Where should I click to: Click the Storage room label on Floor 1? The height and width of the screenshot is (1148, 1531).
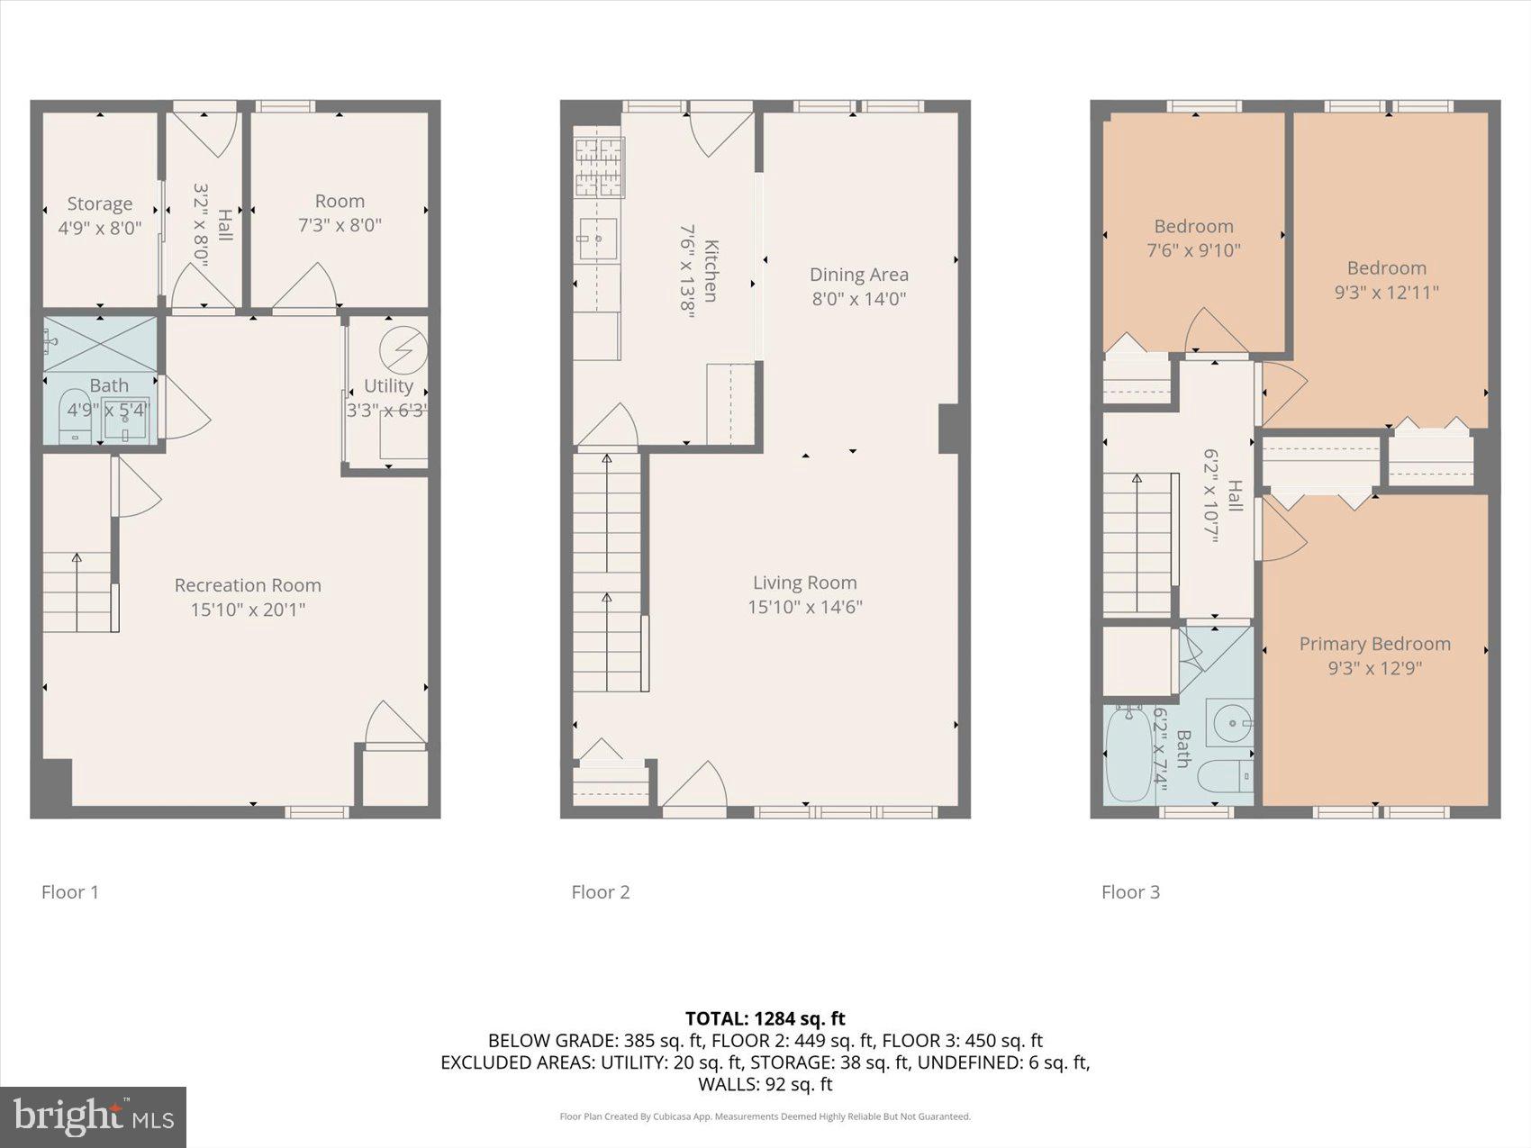[x=99, y=204]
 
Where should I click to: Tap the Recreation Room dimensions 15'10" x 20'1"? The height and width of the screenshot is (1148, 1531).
[x=248, y=610]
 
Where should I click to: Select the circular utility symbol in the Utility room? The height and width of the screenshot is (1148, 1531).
[x=403, y=348]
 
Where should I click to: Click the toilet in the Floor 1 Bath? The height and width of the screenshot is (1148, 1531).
[x=73, y=416]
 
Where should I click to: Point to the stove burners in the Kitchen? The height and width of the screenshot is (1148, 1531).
[x=599, y=167]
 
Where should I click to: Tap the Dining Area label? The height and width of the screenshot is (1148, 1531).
[x=858, y=275]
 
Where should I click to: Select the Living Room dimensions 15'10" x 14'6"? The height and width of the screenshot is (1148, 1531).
[x=804, y=607]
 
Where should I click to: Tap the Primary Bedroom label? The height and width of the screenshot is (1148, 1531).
[x=1374, y=644]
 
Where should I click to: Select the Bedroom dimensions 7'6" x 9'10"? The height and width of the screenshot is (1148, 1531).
[x=1193, y=250]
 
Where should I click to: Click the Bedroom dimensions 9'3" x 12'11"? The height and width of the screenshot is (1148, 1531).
[x=1386, y=292]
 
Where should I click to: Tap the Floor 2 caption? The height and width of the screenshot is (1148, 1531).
[x=600, y=892]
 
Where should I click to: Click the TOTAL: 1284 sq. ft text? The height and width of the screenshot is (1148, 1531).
[x=765, y=1018]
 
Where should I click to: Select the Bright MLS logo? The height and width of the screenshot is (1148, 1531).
[x=94, y=1116]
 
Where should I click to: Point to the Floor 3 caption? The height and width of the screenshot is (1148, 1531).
[x=1130, y=892]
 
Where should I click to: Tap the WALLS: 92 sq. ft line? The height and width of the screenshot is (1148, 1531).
[x=765, y=1084]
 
